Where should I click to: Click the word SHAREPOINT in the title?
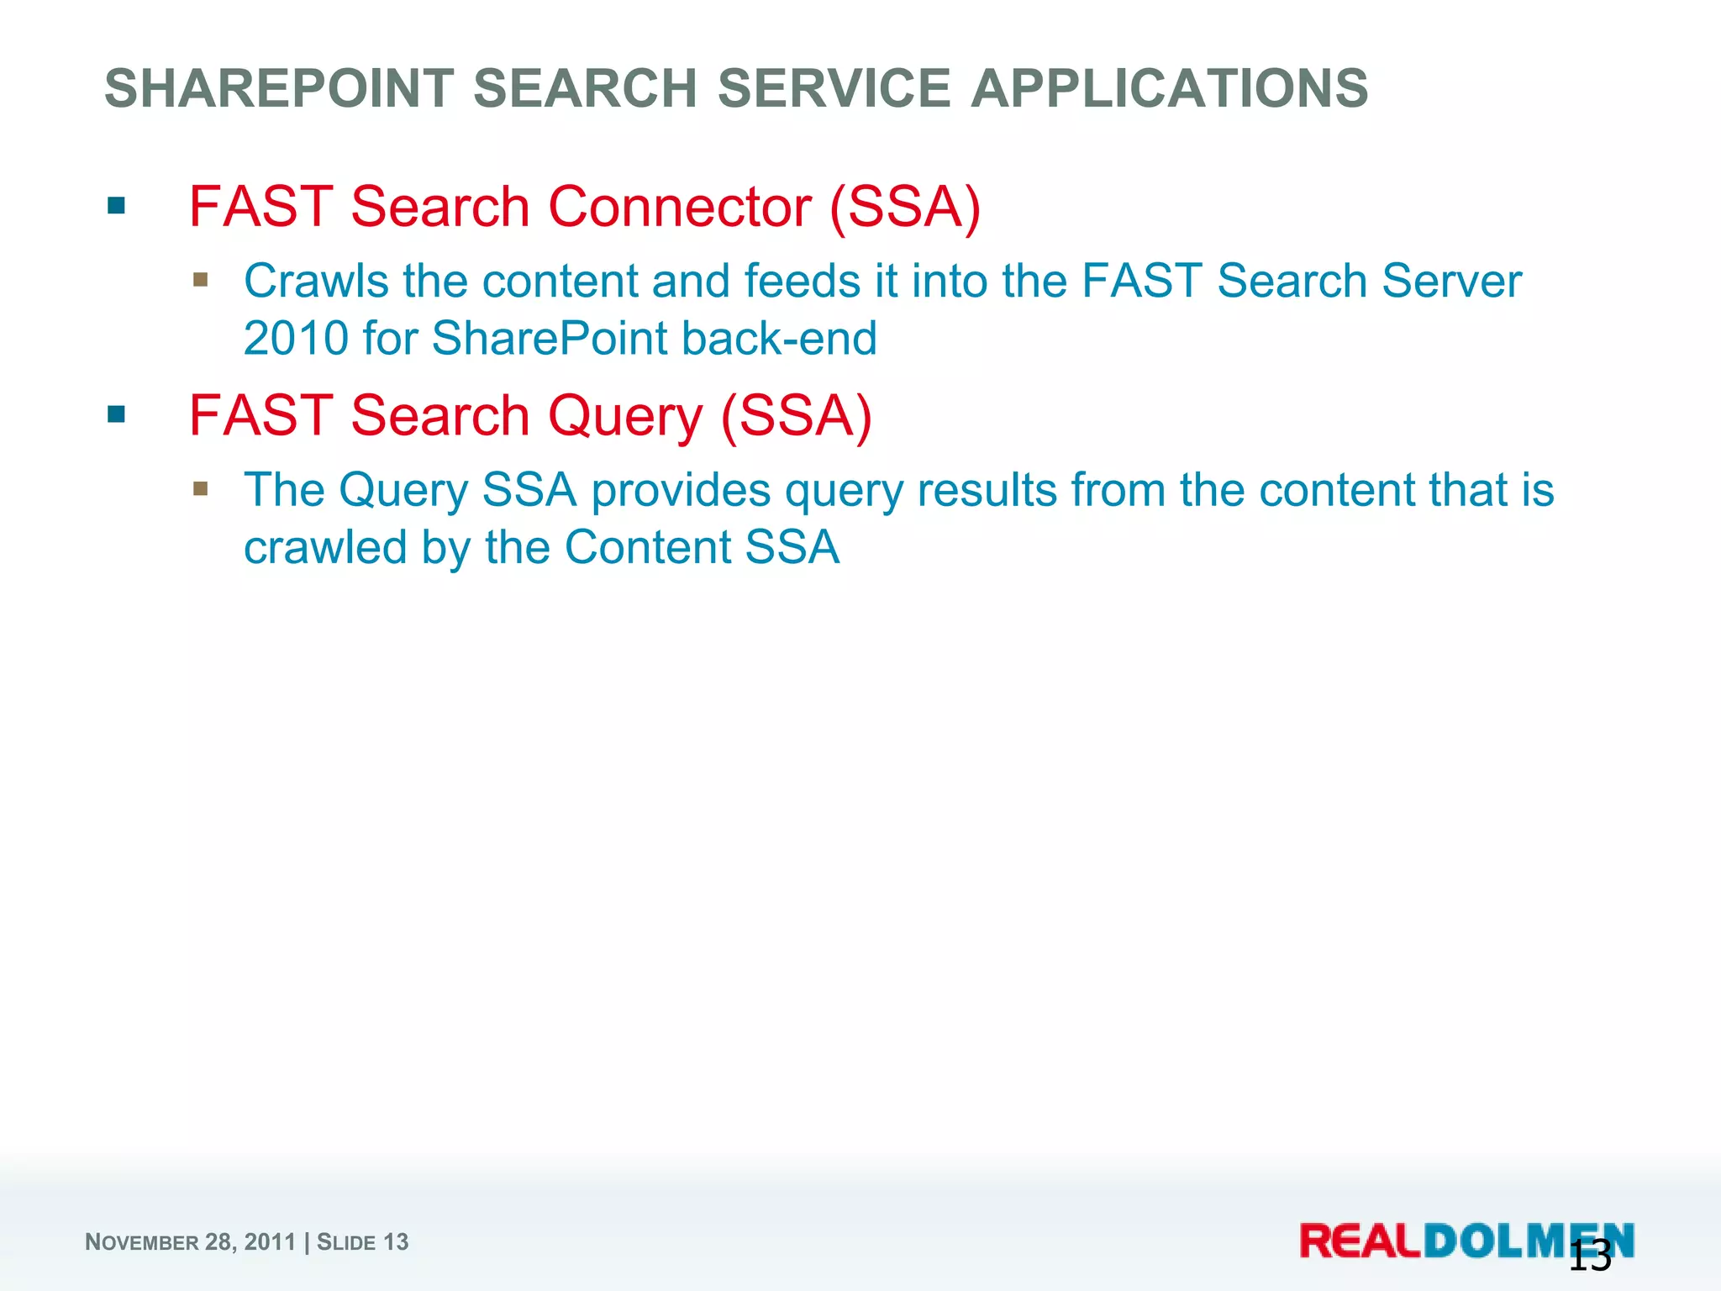277,89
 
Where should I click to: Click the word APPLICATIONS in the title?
1170,89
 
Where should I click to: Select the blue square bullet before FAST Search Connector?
117,206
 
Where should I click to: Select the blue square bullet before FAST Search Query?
117,414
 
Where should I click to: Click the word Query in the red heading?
625,417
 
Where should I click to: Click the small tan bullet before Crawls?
200,279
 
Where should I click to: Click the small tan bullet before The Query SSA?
200,488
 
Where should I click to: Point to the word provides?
681,491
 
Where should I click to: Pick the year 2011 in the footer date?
270,1242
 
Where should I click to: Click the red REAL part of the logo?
1360,1241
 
